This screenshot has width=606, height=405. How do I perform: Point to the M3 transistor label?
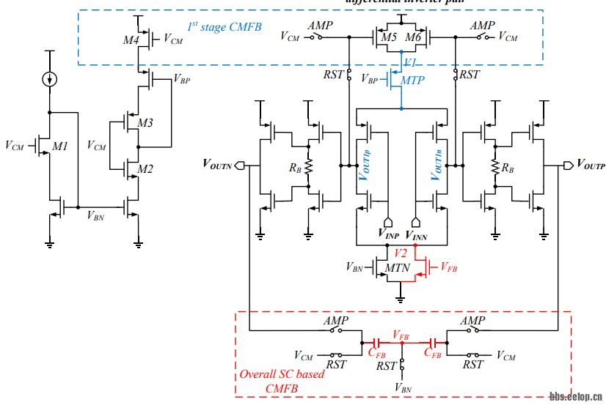point(145,123)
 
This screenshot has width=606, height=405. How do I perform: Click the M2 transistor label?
point(145,170)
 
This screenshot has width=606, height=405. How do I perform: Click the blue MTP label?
point(412,81)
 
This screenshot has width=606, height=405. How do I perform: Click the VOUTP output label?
point(591,165)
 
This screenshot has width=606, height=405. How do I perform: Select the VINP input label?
point(389,235)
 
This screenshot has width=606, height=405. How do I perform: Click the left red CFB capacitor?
point(376,342)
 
